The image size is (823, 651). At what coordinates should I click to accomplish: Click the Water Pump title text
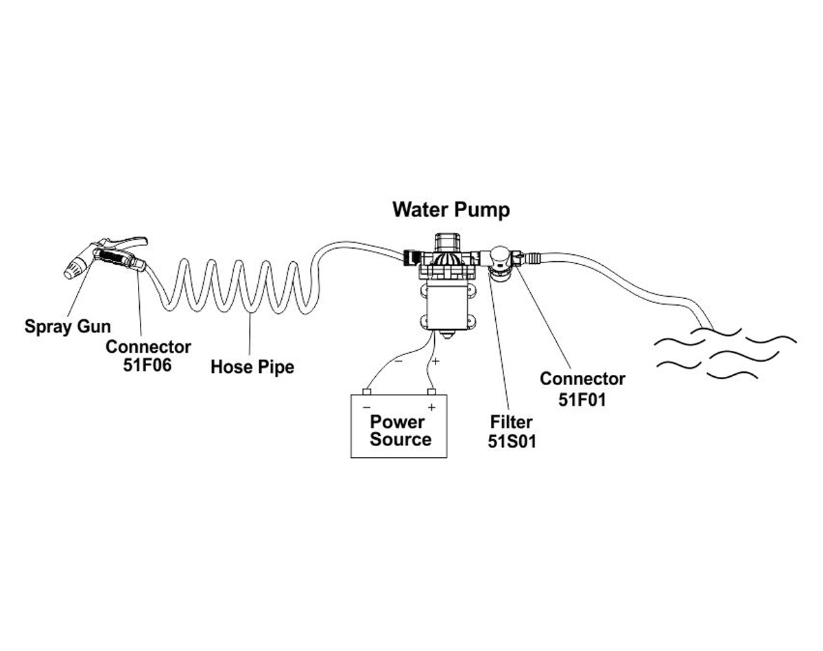(451, 210)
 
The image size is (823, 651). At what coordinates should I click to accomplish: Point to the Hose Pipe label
(252, 367)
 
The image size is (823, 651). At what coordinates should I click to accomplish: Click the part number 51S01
(512, 442)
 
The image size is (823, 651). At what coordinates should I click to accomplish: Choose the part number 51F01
(582, 400)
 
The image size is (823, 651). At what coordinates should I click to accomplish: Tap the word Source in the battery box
(401, 439)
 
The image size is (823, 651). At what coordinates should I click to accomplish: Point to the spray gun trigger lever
(130, 241)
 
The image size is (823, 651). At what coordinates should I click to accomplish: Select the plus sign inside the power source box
(431, 406)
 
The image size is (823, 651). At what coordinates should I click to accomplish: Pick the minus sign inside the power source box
(366, 406)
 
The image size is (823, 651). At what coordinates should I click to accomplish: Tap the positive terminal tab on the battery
(431, 392)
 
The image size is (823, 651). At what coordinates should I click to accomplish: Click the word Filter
(512, 422)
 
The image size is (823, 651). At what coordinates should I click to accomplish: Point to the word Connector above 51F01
(582, 379)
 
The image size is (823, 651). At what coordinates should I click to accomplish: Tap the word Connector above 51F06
(148, 347)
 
